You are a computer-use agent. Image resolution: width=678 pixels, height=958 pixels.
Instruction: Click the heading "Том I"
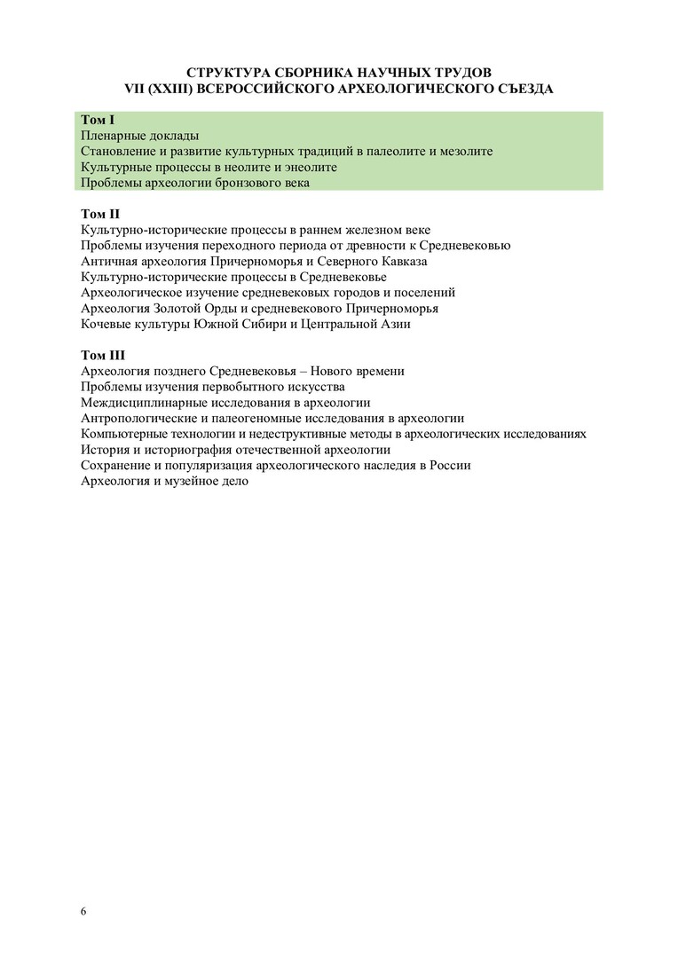pos(98,120)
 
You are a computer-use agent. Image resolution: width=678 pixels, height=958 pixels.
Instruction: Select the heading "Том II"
pos(100,214)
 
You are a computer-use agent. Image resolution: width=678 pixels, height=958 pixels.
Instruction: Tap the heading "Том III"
pos(103,356)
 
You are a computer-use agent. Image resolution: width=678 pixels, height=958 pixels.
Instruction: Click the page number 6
pos(83,912)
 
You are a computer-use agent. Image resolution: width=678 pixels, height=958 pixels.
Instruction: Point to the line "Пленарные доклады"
pos(139,136)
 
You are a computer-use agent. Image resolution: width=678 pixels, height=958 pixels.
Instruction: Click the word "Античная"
pos(106,261)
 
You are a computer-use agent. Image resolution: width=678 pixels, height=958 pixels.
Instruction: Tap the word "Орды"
pos(225,308)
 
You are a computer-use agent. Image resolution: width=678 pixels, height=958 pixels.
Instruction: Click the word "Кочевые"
pos(105,324)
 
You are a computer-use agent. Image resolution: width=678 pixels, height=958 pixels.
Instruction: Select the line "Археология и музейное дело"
pos(164,481)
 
